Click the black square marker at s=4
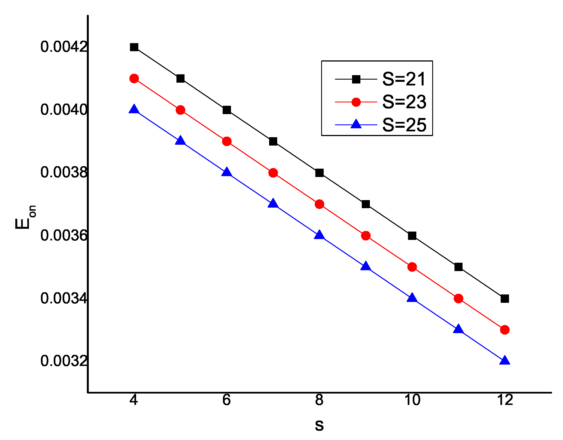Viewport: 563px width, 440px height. pos(134,47)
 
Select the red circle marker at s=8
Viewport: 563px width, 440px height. pos(319,204)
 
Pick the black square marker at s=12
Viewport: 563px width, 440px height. pos(505,299)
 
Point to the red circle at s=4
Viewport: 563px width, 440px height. pos(134,79)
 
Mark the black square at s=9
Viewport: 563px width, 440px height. pos(366,204)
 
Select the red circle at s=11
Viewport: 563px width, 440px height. pos(458,299)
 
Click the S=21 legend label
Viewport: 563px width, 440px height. pos(404,79)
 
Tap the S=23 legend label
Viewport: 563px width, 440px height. pos(404,102)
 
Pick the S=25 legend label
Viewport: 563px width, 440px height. pos(404,125)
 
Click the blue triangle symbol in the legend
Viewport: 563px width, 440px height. pos(356,124)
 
